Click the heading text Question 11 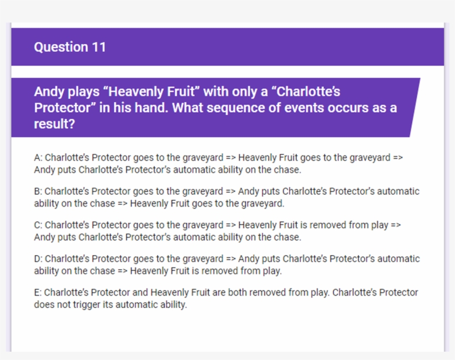coord(69,47)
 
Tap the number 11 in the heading coord(99,47)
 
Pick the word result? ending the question coord(54,124)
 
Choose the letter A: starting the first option coord(38,158)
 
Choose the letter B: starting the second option coord(38,191)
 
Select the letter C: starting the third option coord(38,225)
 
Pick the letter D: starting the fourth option coord(38,259)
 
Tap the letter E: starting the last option coord(38,292)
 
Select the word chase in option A coord(287,170)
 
